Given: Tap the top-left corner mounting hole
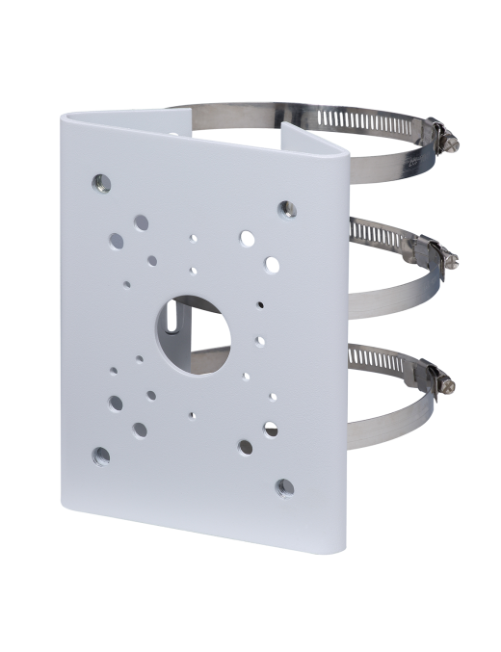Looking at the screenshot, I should [100, 181].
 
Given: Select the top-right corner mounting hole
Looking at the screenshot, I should [286, 209].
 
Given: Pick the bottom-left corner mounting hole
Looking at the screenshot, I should [100, 456].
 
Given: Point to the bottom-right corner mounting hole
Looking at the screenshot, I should [284, 487].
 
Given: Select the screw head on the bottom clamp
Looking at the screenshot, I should [446, 385].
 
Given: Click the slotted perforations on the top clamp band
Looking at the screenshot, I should [366, 120].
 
